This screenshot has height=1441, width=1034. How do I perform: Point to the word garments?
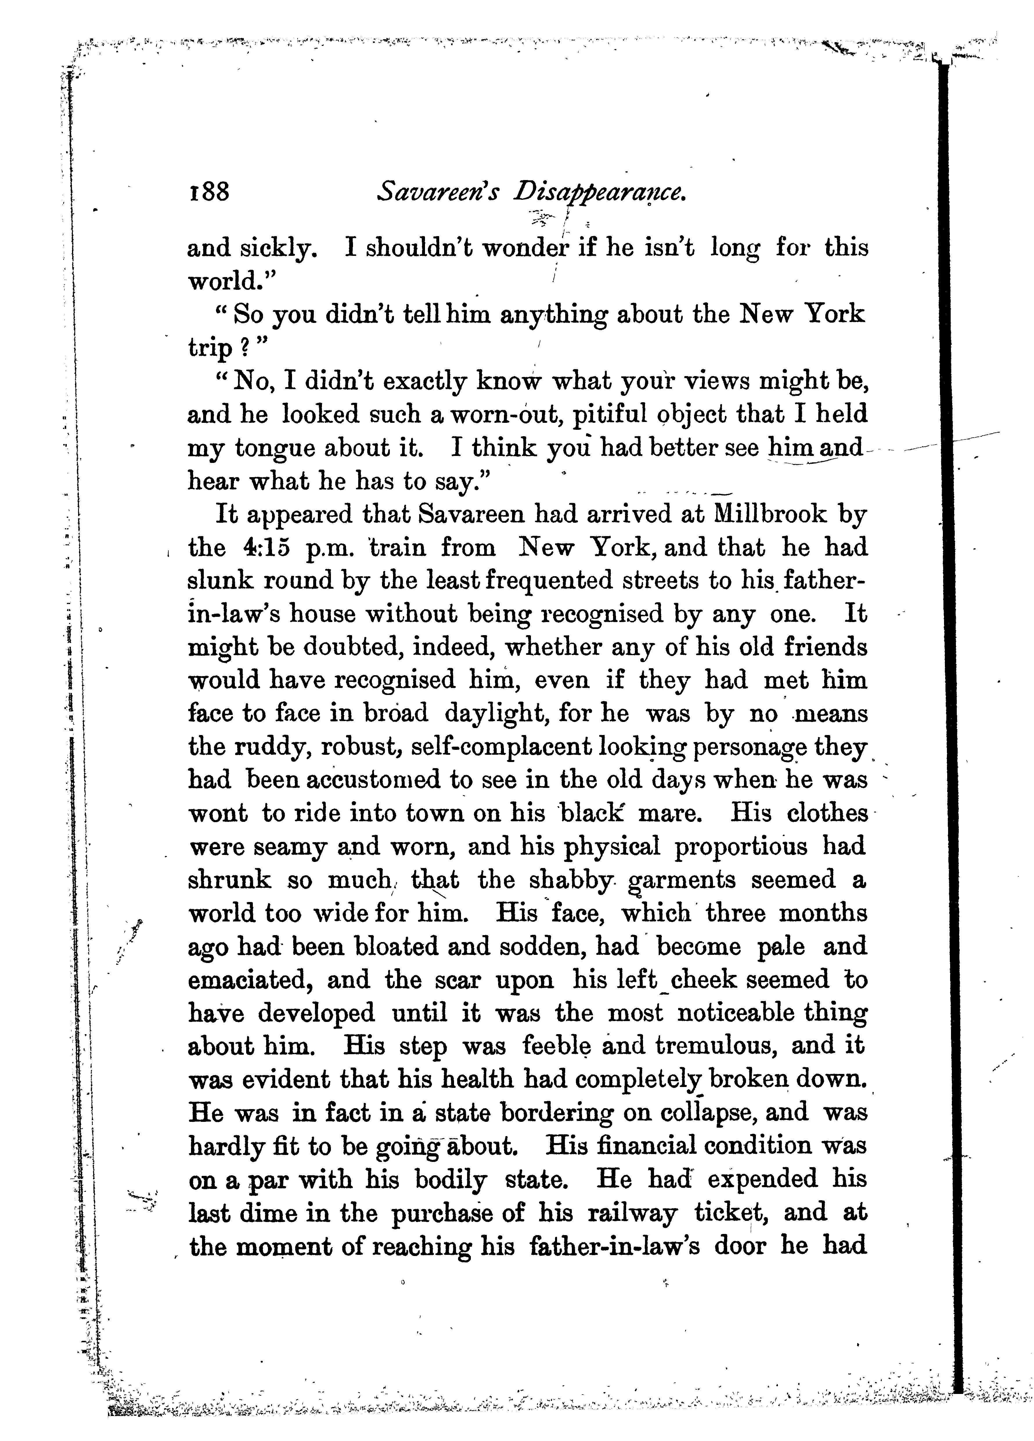pos(682,881)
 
